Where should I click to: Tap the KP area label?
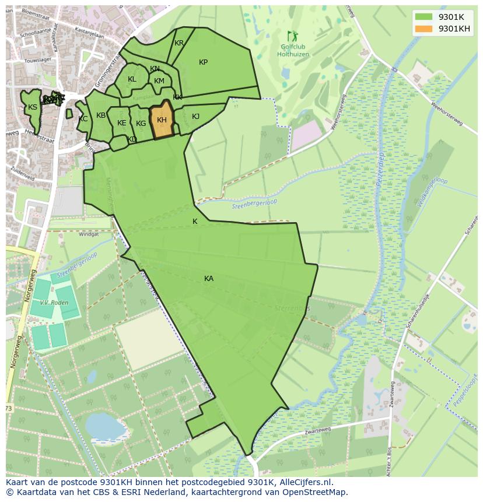[203, 62]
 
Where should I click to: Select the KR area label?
[179, 43]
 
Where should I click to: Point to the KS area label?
[33, 107]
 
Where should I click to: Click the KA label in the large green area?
[209, 279]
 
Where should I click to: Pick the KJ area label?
[195, 117]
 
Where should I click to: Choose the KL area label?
[132, 79]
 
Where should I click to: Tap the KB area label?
[101, 115]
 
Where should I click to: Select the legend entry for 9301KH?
[454, 29]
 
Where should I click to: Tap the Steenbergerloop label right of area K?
[254, 203]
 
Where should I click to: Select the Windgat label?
[89, 234]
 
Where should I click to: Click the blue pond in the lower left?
[106, 428]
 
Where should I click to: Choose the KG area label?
[141, 124]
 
